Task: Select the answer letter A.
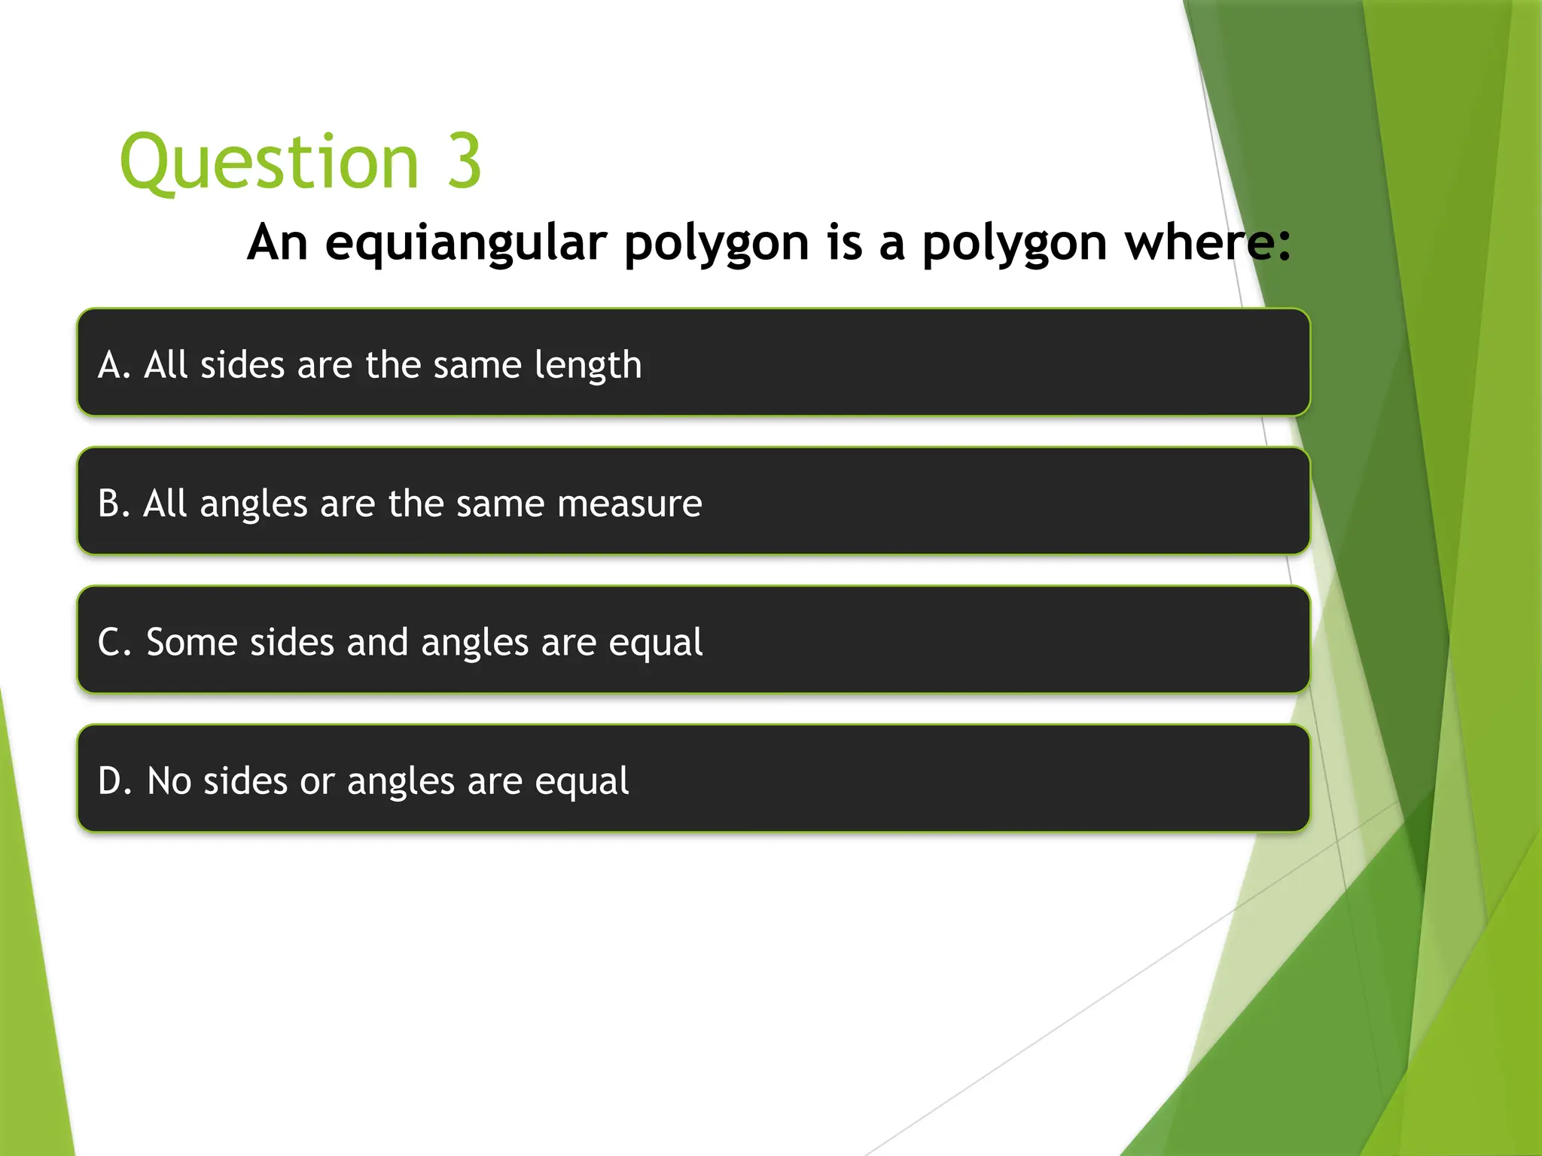pos(111,365)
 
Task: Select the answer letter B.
pos(110,503)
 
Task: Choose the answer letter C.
pos(110,643)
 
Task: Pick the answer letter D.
pos(111,781)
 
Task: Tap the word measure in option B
pos(629,504)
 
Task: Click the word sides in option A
pos(242,365)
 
